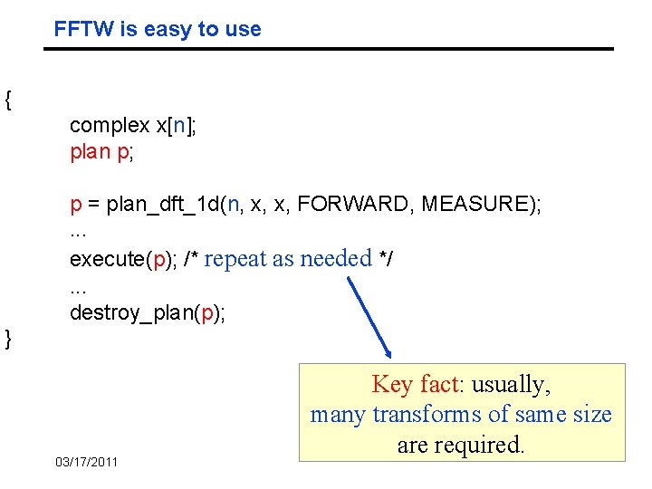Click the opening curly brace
click(8, 100)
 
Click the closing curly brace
click(8, 339)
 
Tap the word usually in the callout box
click(511, 384)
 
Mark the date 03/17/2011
click(87, 462)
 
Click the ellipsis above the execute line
click(78, 234)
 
